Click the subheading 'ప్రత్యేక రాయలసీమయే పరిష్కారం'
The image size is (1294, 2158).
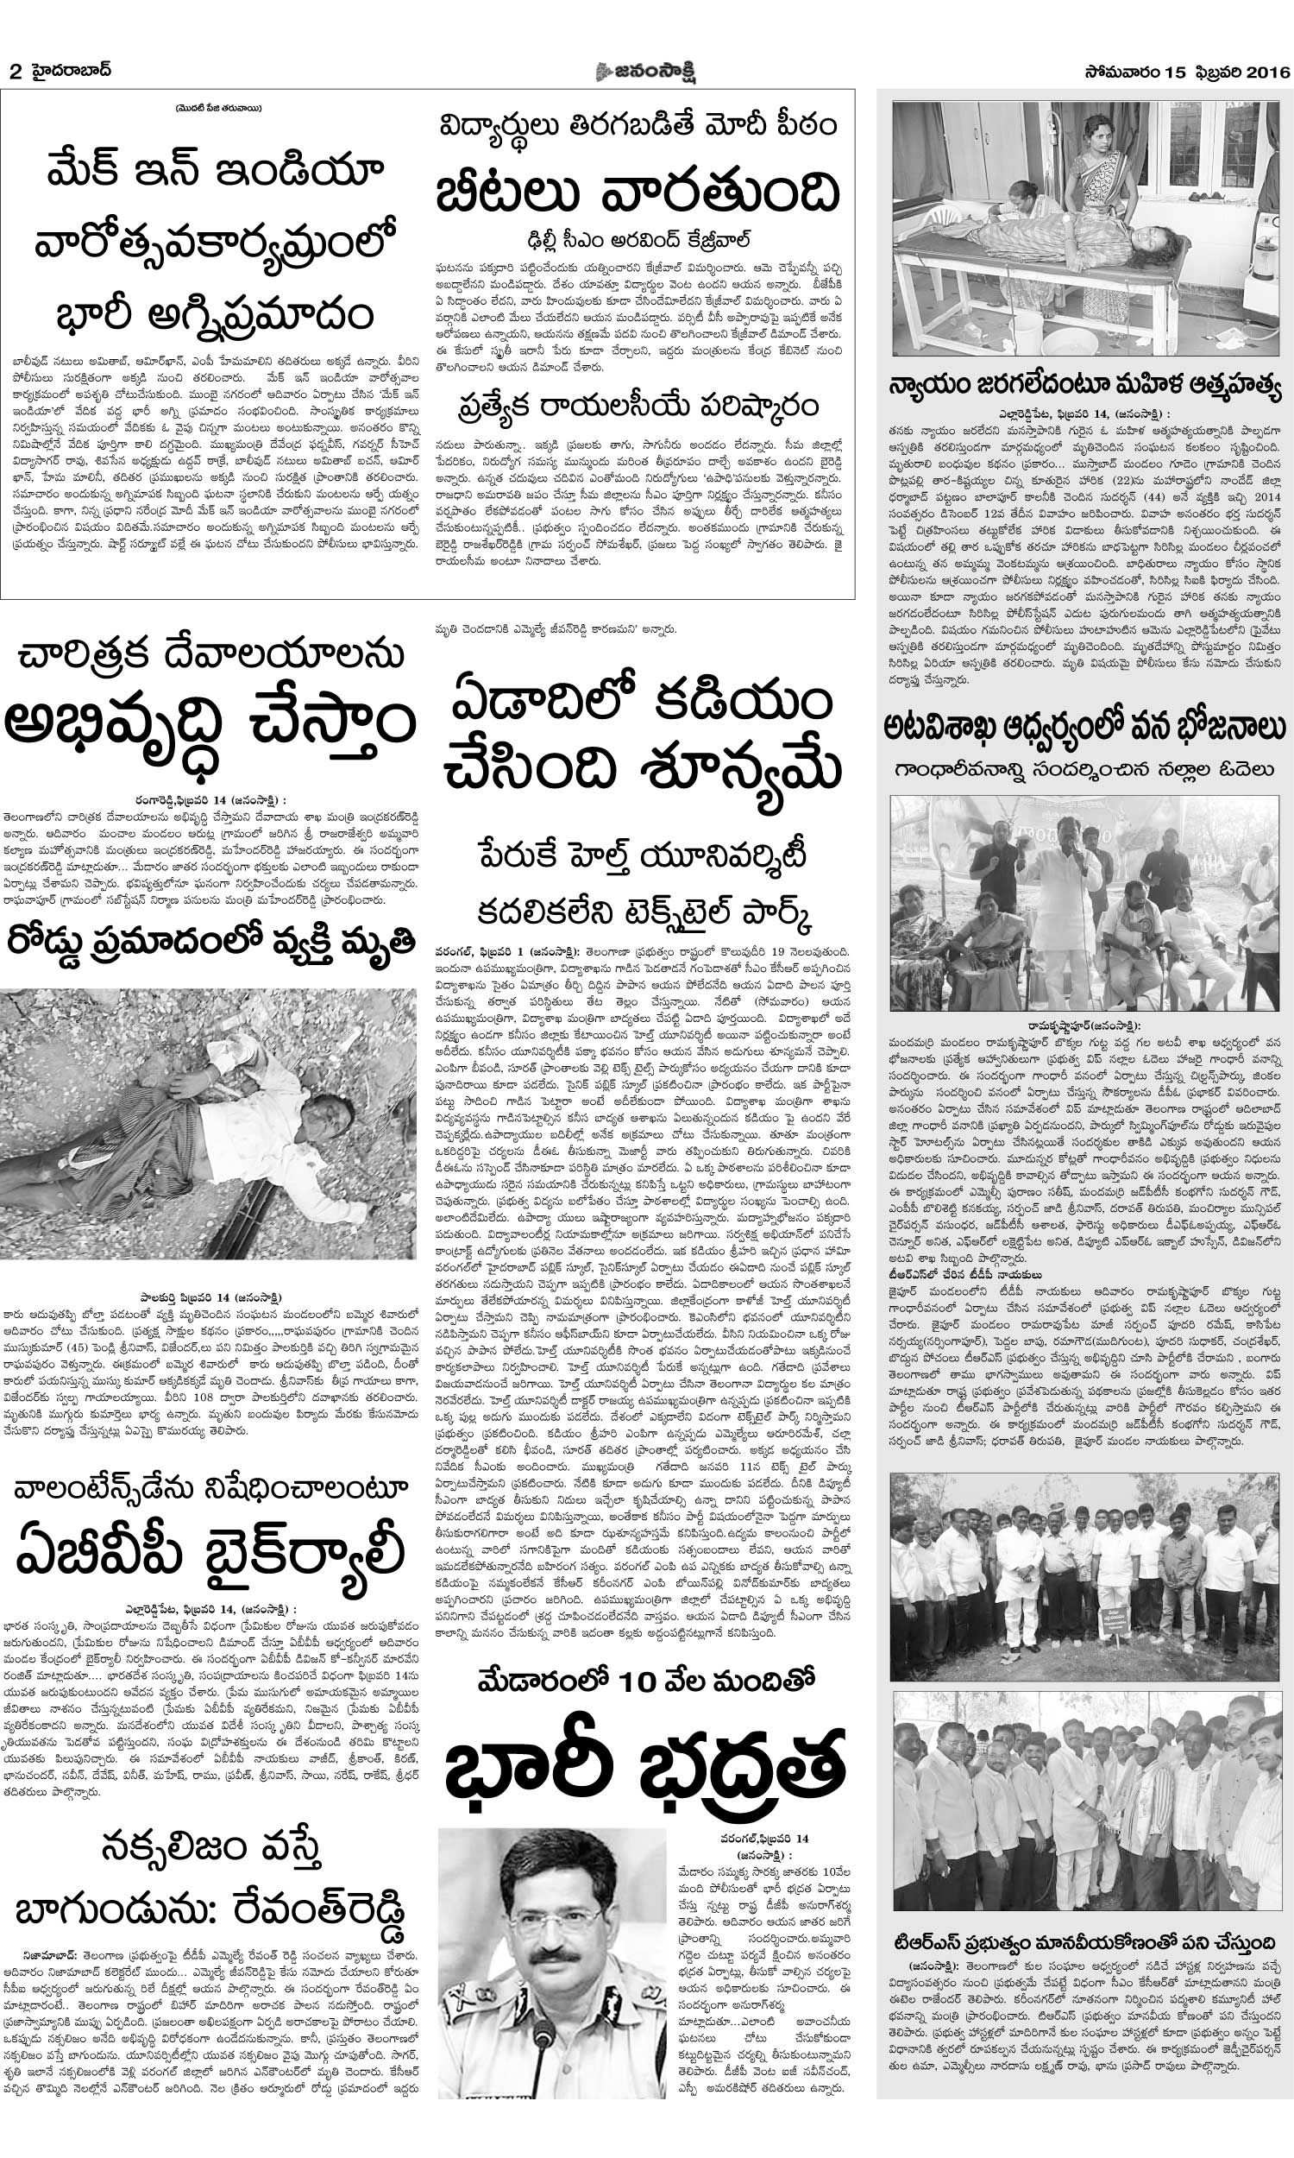pos(639,407)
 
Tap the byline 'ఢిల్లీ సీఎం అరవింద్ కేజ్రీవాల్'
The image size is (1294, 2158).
pos(638,240)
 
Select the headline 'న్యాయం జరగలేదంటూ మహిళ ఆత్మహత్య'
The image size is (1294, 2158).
pos(1084,385)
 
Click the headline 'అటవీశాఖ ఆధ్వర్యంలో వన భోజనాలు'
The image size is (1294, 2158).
pos(1084,727)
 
